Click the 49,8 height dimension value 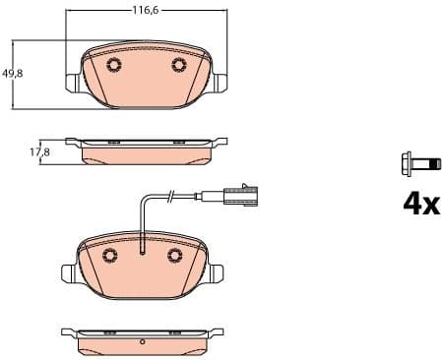(13, 74)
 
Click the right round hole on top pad (178, 66)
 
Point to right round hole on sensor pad (176, 255)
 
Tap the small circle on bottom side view (143, 342)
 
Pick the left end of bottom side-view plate (66, 332)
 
